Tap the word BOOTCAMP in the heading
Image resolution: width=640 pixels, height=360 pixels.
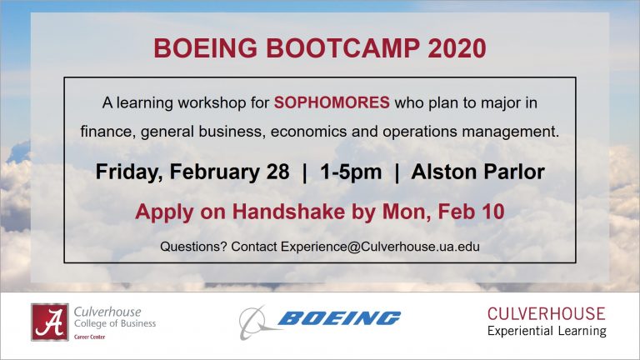[342, 48]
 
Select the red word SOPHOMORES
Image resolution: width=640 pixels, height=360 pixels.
[332, 102]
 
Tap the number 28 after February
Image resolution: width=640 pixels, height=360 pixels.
[278, 172]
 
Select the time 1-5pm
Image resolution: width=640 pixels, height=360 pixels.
[351, 172]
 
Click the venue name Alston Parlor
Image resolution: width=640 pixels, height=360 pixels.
[478, 172]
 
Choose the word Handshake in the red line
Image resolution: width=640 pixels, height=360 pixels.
[288, 212]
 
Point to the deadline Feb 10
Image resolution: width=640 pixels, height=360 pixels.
[471, 212]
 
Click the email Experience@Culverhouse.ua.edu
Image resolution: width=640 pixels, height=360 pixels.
[380, 247]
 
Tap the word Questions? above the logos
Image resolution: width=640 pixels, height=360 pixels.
[193, 247]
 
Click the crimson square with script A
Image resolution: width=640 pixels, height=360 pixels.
[50, 322]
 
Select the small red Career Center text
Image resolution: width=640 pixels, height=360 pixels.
[89, 337]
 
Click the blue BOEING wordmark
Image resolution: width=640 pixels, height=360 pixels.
[339, 318]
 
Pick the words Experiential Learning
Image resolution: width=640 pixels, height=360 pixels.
[547, 331]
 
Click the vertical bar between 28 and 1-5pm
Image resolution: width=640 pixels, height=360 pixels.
[304, 172]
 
